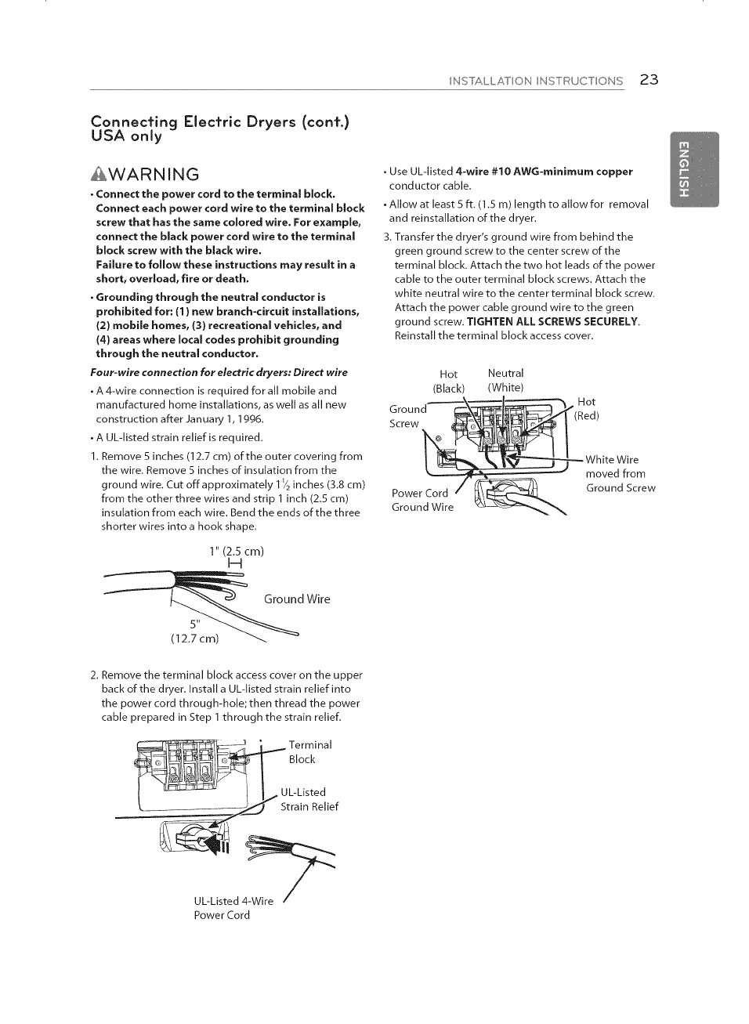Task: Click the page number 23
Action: point(649,79)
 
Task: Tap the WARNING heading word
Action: point(154,174)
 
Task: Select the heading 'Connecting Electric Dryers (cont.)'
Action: point(220,121)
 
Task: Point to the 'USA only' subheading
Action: point(127,136)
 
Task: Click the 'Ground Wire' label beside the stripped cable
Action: point(297,599)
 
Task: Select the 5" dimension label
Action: point(196,624)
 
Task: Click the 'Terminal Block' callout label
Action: point(310,751)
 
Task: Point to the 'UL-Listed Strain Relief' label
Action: point(309,799)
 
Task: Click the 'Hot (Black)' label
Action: point(448,381)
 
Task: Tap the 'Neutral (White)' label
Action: point(505,381)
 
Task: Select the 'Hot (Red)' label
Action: point(586,408)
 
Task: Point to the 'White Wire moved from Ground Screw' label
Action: point(620,473)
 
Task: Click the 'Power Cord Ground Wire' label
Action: point(422,500)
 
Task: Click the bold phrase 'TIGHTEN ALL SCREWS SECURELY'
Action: point(553,321)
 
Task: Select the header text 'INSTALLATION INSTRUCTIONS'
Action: point(536,81)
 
